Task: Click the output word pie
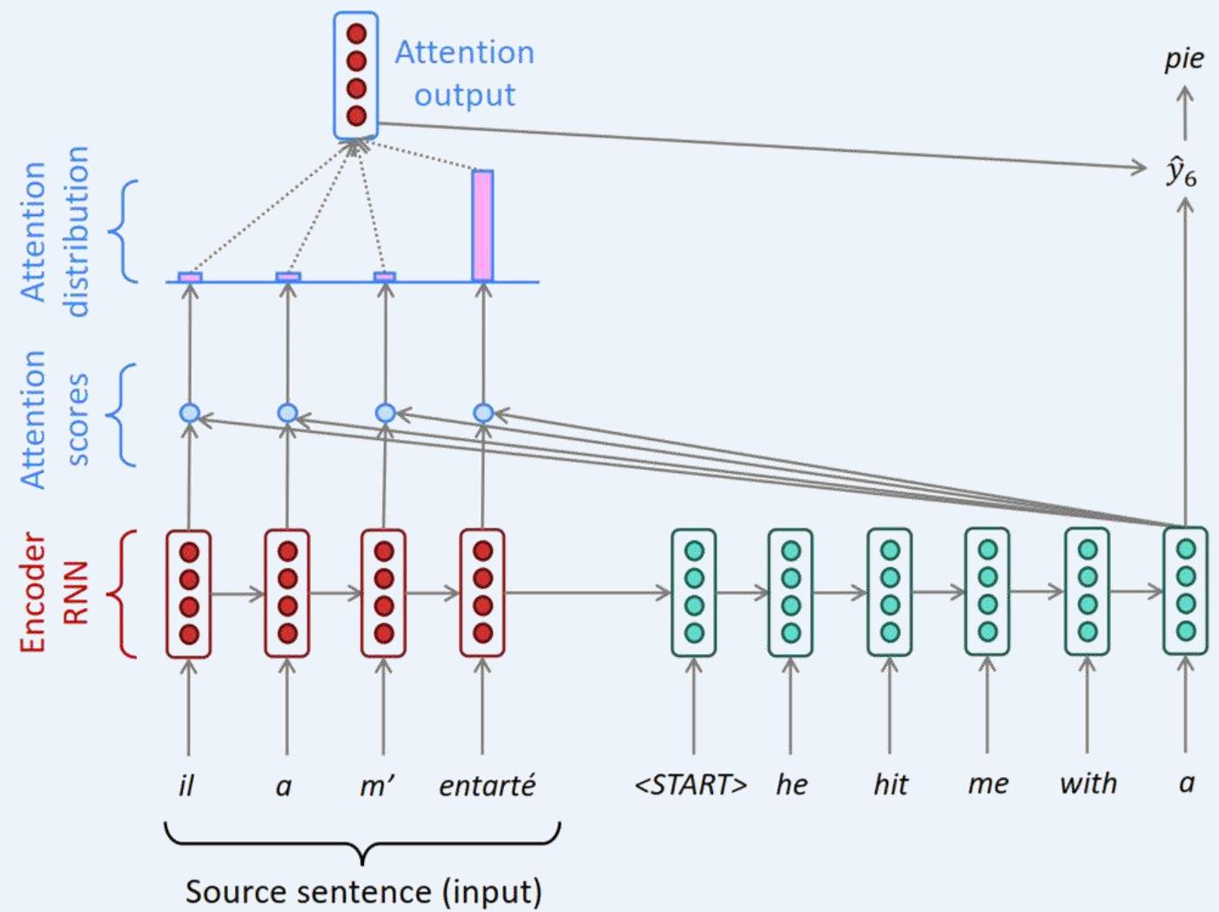[x=1184, y=59]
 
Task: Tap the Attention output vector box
[x=355, y=75]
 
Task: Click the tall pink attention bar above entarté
[x=482, y=226]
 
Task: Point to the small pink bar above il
[x=190, y=277]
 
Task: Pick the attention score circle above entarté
[x=483, y=413]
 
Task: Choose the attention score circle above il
[x=189, y=413]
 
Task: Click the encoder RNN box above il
[x=188, y=593]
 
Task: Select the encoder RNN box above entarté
[x=482, y=593]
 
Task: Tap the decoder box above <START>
[x=694, y=593]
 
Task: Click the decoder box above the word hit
[x=889, y=593]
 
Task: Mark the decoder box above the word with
[x=1087, y=593]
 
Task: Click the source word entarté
[x=487, y=785]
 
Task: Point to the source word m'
[x=377, y=785]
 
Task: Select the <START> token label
[x=691, y=785]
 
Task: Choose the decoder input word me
[x=987, y=785]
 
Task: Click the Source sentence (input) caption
[x=363, y=891]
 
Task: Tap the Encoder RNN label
[x=54, y=593]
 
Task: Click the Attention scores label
[x=54, y=419]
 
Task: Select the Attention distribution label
[x=54, y=232]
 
